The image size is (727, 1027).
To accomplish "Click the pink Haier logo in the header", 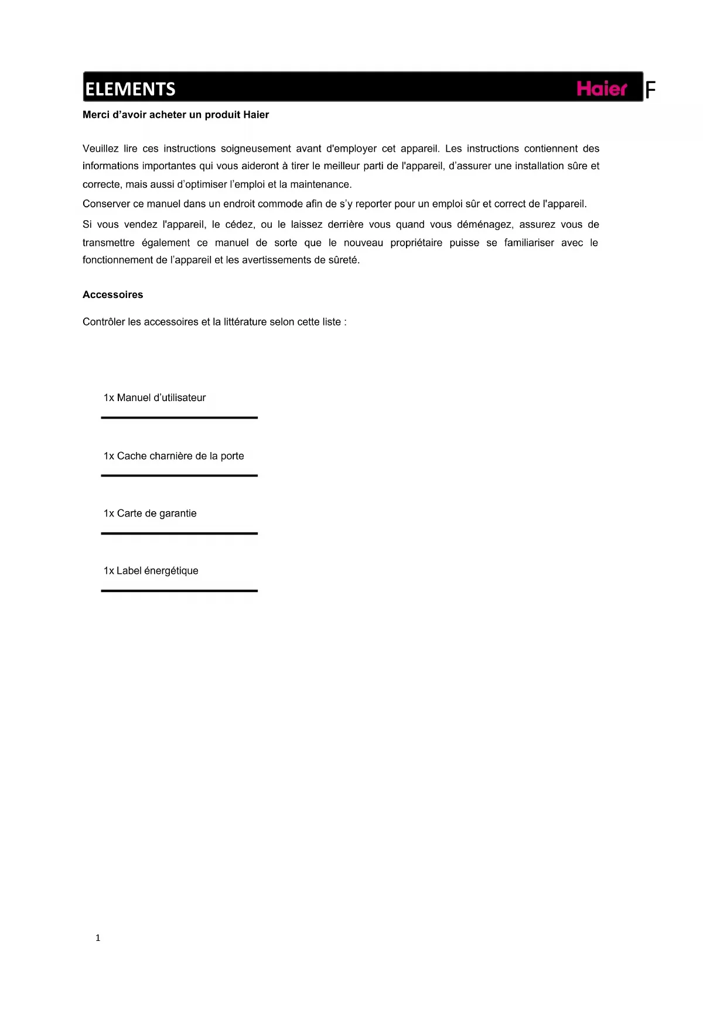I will [602, 88].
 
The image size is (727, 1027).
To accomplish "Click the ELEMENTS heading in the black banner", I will [130, 89].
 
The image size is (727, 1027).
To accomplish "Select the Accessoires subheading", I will [112, 295].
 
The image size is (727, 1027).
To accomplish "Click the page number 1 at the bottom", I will [98, 937].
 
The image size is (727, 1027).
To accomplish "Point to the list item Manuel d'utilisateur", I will [155, 398].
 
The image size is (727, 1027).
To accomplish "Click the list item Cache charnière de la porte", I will [173, 456].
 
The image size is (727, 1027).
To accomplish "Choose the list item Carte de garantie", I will [150, 513].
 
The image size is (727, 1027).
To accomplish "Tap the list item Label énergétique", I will [151, 570].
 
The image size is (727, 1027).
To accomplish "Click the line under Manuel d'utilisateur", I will [179, 417].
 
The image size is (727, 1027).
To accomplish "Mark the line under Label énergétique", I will [179, 591].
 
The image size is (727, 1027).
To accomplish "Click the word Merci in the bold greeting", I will [96, 115].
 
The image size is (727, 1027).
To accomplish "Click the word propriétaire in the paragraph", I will [416, 243].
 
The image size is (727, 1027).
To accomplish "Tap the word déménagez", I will [484, 224].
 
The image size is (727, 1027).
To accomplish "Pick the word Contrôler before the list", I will [104, 321].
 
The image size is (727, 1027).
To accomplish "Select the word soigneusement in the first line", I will [255, 149].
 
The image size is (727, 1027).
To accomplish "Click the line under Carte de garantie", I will [179, 533].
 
